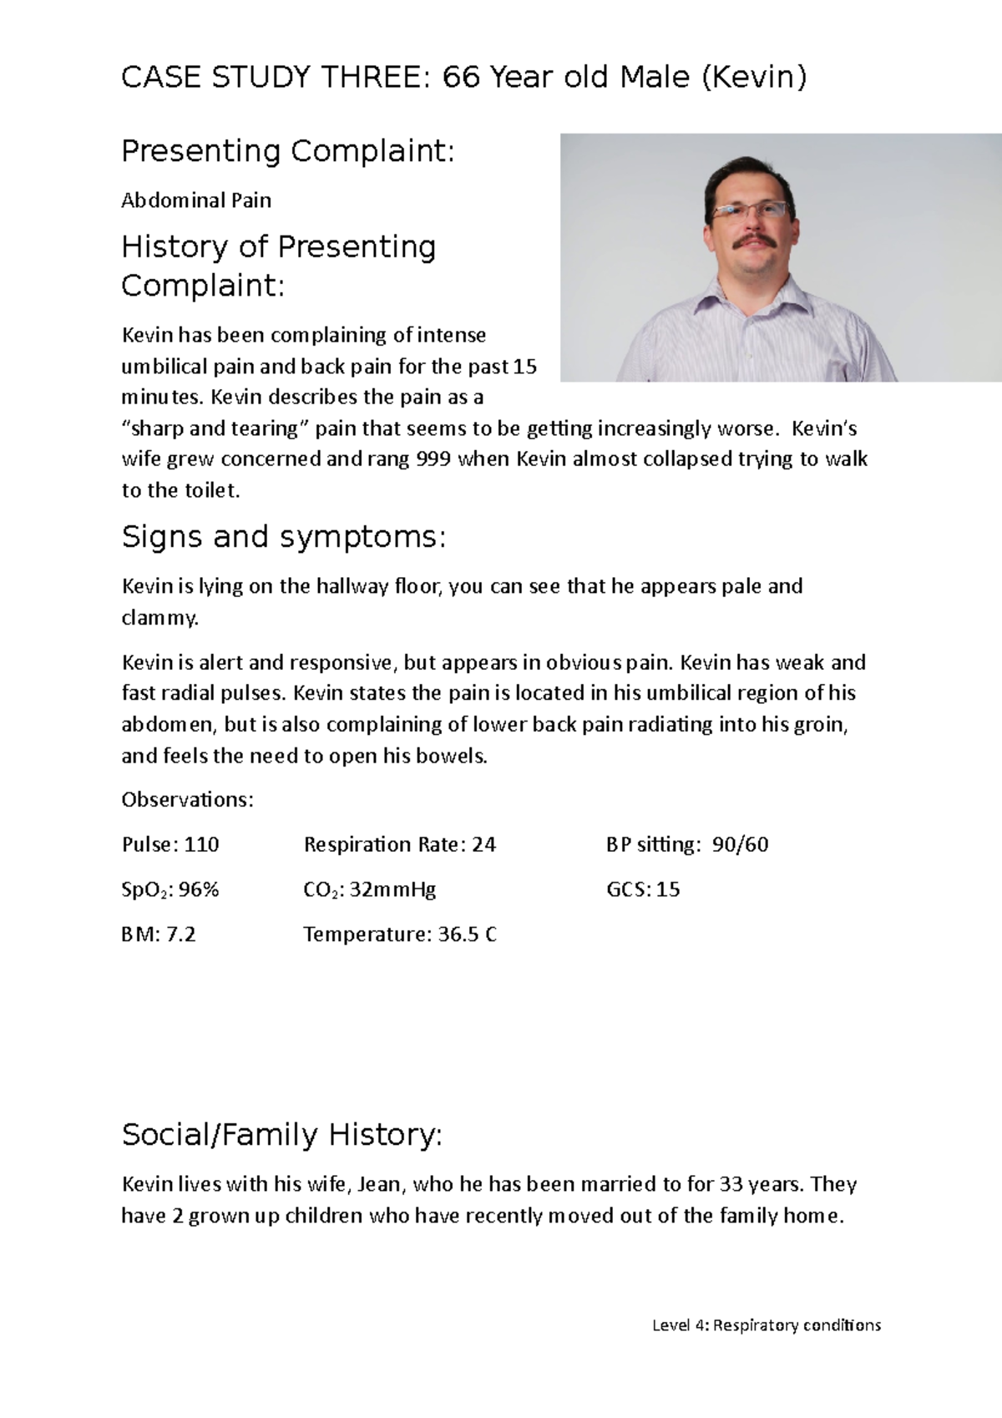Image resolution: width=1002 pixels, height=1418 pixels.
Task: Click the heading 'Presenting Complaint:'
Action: pos(288,152)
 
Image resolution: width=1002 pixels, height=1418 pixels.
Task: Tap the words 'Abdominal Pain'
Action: pos(196,200)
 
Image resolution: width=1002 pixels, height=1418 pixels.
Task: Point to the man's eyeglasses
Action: pos(749,210)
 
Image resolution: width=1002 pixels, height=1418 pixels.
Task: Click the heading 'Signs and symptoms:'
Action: pos(284,537)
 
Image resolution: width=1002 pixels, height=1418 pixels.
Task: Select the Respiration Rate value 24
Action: pos(483,845)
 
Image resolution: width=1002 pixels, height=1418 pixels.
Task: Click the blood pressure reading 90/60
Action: pos(740,845)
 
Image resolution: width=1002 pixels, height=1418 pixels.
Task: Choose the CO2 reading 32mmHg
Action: pos(392,889)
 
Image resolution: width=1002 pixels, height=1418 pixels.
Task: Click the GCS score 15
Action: pos(668,889)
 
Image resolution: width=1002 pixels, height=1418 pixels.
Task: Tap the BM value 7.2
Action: pos(181,934)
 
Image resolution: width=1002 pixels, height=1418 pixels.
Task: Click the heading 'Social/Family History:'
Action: pos(281,1136)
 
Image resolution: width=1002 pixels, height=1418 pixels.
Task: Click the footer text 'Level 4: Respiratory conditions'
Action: pos(766,1325)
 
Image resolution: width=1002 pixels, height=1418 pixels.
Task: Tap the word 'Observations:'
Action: pos(187,800)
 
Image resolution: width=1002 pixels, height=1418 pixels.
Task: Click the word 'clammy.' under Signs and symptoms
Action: pos(160,619)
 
